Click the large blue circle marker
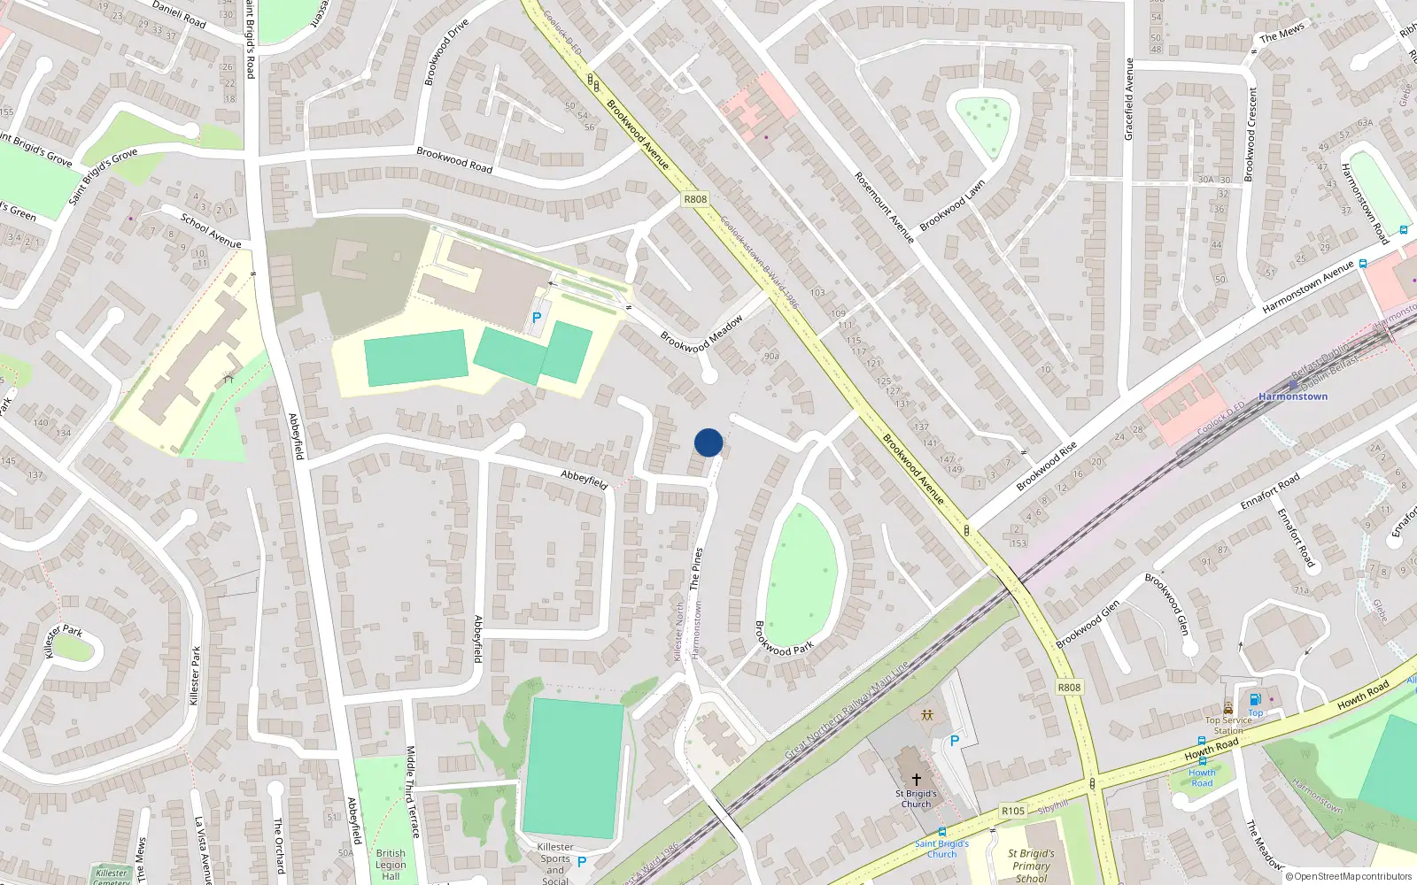(x=708, y=442)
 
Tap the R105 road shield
(x=1013, y=811)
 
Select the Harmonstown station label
(x=1292, y=396)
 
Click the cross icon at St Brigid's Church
(x=917, y=779)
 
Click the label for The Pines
(x=696, y=568)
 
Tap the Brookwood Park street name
(x=783, y=638)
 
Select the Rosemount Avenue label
(x=884, y=207)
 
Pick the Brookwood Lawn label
(x=952, y=206)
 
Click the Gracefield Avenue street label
(x=1128, y=99)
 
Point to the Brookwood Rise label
(x=1046, y=466)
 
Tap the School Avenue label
(x=211, y=230)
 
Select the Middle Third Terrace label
(x=412, y=791)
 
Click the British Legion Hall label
(x=391, y=865)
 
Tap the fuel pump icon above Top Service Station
(x=1255, y=700)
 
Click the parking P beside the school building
(x=536, y=318)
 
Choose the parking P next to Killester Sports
(x=582, y=861)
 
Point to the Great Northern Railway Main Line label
(x=847, y=711)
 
